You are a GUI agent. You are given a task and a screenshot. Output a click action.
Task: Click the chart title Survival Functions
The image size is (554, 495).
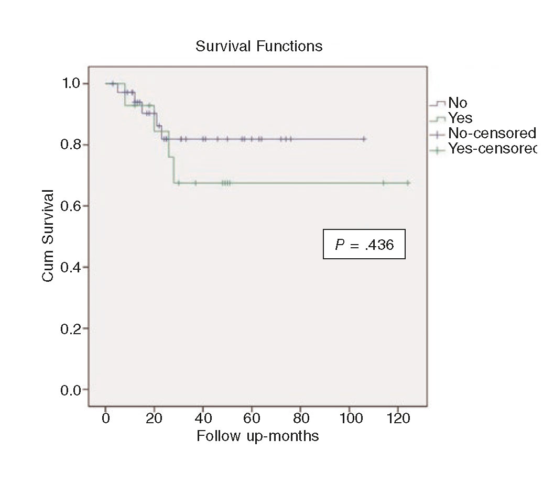259,47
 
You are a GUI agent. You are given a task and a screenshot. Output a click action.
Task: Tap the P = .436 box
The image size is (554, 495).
364,245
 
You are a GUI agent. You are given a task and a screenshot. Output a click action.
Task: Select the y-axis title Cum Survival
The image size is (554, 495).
48,236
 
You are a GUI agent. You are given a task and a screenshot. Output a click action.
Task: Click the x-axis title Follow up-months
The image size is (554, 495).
257,436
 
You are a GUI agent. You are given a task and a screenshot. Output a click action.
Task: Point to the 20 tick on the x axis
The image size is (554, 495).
154,419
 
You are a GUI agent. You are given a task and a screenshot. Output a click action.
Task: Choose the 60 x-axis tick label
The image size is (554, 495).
252,419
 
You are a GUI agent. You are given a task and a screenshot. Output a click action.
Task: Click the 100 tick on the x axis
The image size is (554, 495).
349,419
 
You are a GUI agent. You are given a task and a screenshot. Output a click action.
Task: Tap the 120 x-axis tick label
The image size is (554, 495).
398,419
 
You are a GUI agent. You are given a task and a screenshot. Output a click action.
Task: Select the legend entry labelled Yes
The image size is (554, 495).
460,118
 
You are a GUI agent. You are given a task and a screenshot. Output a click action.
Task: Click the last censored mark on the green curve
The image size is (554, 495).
408,183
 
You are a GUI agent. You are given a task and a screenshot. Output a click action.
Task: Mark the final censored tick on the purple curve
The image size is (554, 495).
364,139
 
